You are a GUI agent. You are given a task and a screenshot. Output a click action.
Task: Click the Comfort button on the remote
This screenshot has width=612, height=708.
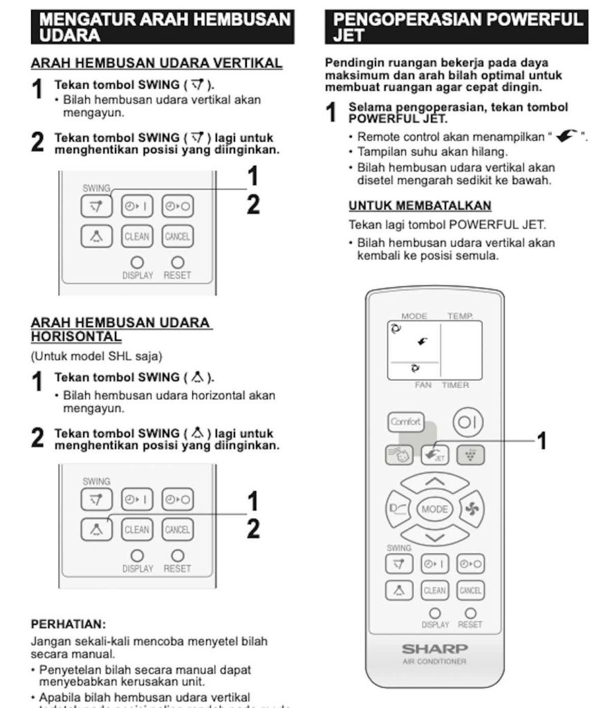pos(405,422)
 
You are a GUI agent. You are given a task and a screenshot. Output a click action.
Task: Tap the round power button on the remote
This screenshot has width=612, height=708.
pos(468,422)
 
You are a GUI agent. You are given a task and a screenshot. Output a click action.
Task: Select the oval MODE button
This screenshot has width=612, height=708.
pos(435,510)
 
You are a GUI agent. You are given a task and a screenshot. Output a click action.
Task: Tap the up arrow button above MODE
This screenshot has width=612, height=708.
pos(435,481)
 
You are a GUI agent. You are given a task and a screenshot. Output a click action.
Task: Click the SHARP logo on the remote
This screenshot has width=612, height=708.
pos(435,649)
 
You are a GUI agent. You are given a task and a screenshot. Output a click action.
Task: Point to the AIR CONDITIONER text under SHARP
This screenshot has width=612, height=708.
pos(435,662)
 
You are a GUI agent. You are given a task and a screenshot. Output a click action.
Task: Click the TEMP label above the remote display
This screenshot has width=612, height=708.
pos(460,316)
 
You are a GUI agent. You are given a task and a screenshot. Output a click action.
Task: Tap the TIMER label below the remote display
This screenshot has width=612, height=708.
pos(456,385)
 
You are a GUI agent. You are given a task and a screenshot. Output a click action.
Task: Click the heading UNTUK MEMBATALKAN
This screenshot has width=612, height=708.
pos(420,206)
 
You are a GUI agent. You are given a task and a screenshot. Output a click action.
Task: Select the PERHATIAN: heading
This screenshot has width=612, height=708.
pos(68,624)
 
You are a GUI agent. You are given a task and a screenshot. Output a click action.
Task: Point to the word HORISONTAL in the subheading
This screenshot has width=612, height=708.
pos(76,337)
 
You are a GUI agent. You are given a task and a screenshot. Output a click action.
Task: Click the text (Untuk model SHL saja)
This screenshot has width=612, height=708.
pos(96,356)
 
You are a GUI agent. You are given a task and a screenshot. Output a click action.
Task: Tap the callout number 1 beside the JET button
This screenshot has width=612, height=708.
pos(542,440)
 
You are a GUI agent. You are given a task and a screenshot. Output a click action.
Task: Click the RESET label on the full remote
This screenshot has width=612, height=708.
pos(470,625)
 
